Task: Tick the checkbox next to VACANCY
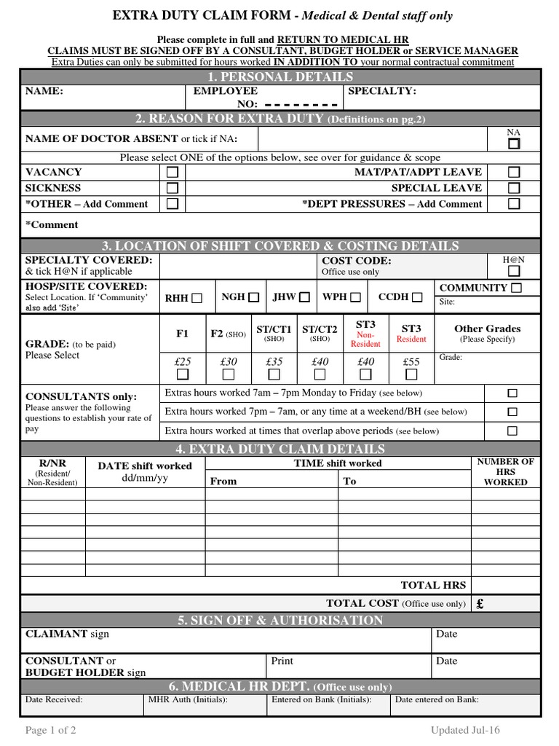(x=173, y=173)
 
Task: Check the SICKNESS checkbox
(x=173, y=188)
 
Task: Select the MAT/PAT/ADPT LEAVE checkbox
(x=514, y=173)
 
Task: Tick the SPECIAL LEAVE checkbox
(x=514, y=188)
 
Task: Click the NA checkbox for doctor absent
(x=514, y=144)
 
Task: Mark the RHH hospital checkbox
(x=197, y=298)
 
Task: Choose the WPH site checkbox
(x=355, y=297)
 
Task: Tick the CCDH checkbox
(x=417, y=297)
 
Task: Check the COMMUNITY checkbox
(x=516, y=288)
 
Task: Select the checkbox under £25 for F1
(x=183, y=374)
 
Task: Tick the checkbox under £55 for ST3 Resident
(x=411, y=374)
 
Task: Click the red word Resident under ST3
(x=411, y=339)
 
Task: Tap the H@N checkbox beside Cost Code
(x=514, y=271)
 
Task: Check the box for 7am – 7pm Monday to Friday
(x=512, y=393)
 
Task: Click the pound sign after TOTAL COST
(x=480, y=604)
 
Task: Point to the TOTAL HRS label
(x=433, y=585)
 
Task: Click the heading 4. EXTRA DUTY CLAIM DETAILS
(x=280, y=449)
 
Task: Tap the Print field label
(x=282, y=661)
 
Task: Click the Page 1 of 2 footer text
(x=51, y=731)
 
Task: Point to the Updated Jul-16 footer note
(x=465, y=731)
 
